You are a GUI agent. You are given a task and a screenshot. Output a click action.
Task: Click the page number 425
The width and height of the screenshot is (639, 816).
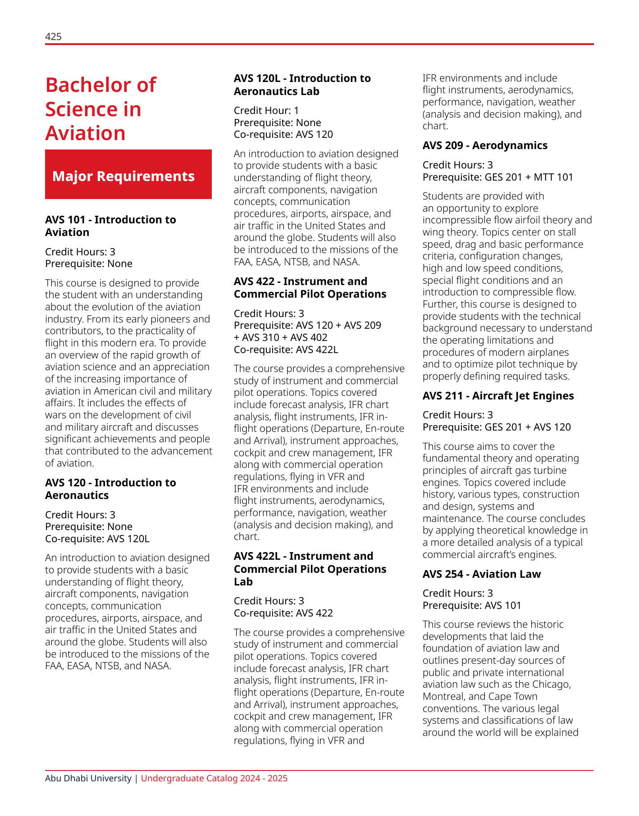click(53, 36)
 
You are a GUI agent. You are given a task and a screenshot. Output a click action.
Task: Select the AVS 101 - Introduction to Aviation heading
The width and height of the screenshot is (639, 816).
click(110, 226)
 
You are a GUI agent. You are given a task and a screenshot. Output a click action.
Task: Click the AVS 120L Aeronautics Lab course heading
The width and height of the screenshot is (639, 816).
click(302, 85)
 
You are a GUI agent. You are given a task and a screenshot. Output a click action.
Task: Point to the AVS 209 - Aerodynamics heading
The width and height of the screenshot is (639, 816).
click(485, 145)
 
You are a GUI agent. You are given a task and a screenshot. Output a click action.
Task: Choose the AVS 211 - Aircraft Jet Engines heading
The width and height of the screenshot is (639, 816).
click(498, 396)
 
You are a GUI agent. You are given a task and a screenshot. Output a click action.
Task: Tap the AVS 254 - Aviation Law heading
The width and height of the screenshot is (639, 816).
click(481, 574)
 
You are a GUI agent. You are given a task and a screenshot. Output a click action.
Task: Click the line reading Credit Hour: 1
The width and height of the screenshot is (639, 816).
click(266, 111)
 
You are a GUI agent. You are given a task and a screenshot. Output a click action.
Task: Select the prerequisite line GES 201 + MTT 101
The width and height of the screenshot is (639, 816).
click(498, 177)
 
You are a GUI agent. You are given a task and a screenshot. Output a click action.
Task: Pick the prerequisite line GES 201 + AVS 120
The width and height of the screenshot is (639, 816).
click(496, 427)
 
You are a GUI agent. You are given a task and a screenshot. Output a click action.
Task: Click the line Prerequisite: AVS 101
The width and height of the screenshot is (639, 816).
click(471, 606)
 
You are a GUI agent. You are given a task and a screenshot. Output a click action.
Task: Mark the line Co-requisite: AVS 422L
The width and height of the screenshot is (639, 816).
click(286, 350)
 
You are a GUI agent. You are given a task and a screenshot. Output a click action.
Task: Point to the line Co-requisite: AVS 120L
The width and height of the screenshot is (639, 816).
click(97, 539)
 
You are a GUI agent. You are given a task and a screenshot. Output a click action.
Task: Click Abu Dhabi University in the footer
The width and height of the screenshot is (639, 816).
click(88, 779)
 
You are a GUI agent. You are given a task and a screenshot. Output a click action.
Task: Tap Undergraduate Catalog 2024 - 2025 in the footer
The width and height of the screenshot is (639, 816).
click(214, 779)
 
